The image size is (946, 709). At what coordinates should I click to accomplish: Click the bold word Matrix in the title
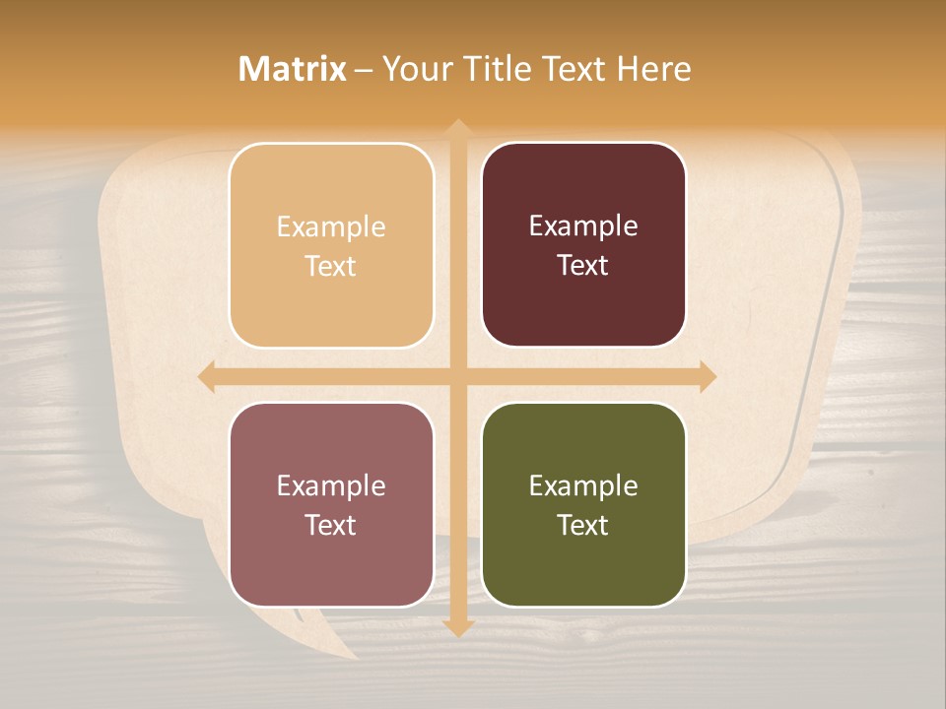click(293, 69)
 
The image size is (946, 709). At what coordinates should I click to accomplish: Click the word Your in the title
click(414, 69)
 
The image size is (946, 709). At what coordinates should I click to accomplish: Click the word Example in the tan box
click(331, 227)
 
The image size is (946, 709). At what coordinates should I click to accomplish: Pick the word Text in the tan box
click(331, 266)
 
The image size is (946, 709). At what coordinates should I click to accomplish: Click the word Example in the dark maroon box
click(583, 226)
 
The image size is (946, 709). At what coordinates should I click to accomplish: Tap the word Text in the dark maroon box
click(583, 265)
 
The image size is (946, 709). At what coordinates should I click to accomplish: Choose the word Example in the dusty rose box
click(331, 486)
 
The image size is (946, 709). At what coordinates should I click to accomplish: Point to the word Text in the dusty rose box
click(331, 525)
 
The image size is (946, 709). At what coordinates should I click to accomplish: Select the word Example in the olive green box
click(583, 486)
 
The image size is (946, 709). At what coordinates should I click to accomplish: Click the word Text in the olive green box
click(583, 525)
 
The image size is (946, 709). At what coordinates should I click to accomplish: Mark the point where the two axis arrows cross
click(457, 376)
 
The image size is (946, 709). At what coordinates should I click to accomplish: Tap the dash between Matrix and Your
click(364, 70)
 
